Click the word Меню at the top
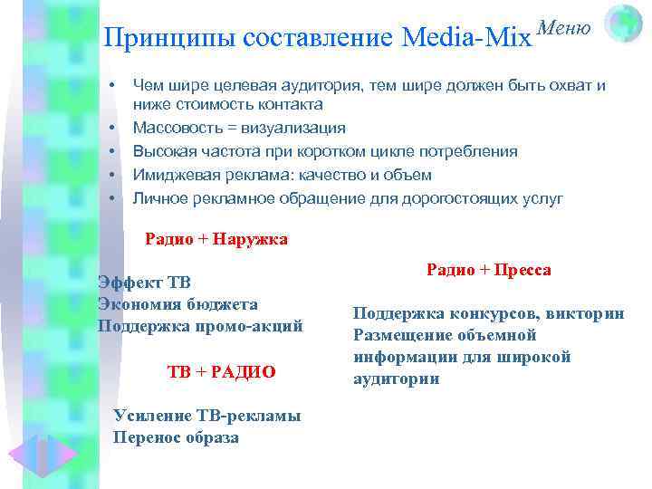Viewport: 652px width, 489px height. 566,29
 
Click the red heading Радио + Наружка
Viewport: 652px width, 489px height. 216,240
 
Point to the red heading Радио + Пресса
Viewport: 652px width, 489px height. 489,271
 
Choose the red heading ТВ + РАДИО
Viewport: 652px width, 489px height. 222,372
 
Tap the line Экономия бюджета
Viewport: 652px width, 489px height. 177,304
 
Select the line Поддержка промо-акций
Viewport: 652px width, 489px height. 200,326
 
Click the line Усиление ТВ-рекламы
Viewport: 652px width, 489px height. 207,416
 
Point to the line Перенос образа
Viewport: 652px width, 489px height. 177,437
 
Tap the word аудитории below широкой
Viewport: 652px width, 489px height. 396,379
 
